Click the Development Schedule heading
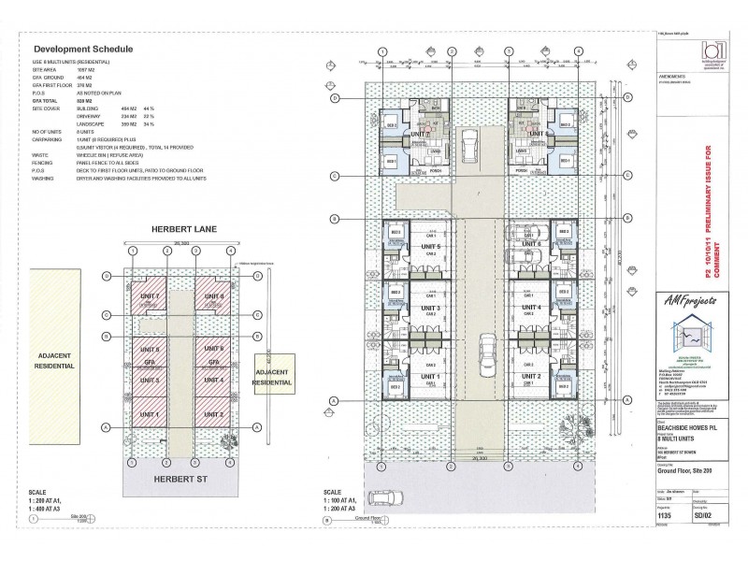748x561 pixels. [x=83, y=49]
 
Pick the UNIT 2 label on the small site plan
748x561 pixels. [x=214, y=413]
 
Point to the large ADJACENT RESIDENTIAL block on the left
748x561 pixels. [x=52, y=361]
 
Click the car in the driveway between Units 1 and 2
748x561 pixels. [x=487, y=352]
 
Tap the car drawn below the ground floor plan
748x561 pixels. [x=384, y=499]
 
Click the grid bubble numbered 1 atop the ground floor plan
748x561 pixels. [x=381, y=52]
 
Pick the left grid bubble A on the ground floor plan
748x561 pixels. [x=334, y=401]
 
